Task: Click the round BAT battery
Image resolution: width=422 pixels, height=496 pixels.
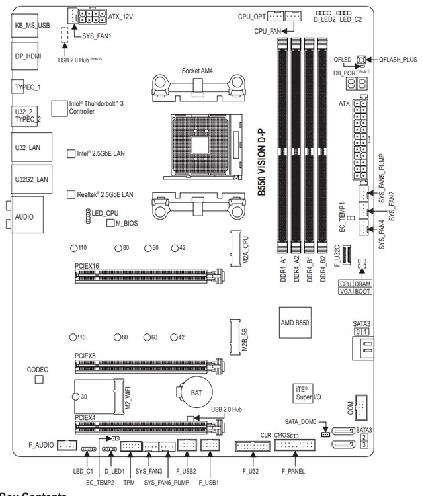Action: (x=196, y=392)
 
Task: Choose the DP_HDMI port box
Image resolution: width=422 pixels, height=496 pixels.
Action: (x=28, y=57)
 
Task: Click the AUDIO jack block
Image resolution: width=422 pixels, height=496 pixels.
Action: (x=26, y=216)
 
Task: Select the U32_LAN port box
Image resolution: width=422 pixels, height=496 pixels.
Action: (x=28, y=148)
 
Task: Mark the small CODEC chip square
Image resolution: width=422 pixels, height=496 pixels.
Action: (x=39, y=380)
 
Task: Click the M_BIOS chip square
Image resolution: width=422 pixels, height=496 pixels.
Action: (x=110, y=224)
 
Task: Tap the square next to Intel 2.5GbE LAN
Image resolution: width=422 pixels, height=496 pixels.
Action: (x=72, y=153)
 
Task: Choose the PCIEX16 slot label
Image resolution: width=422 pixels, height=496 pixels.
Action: (x=87, y=265)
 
